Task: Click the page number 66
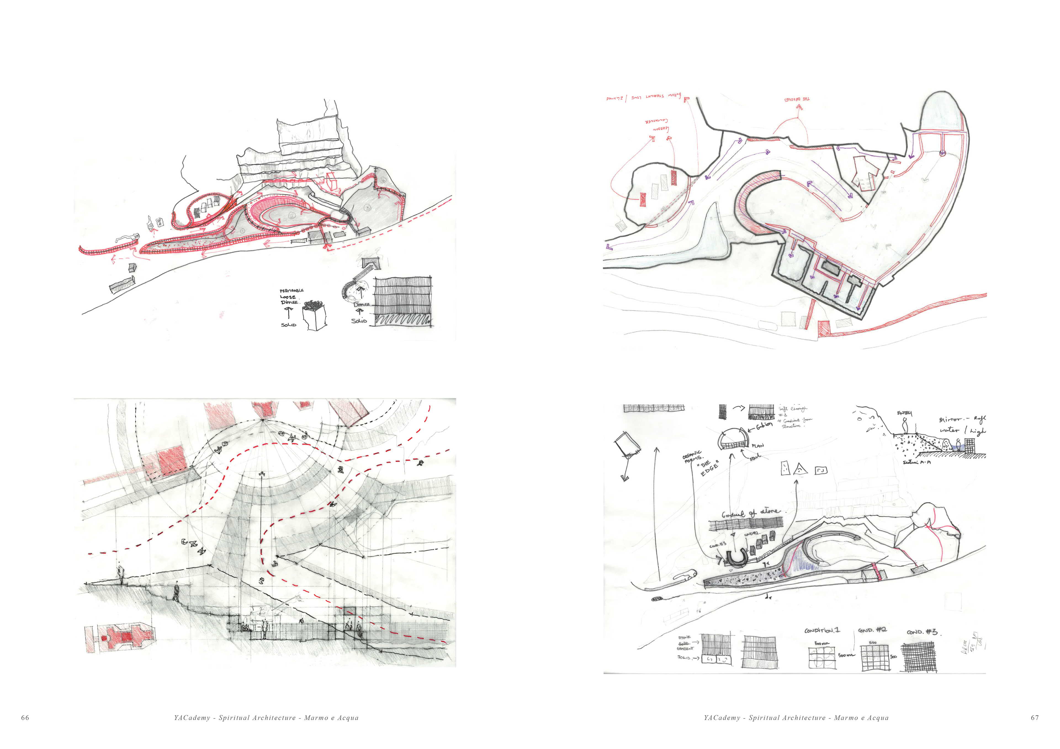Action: [25, 718]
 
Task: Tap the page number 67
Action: [1035, 718]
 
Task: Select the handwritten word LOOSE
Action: [288, 297]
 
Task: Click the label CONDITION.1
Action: [822, 630]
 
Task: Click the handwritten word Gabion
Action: [764, 425]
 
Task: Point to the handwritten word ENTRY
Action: [904, 413]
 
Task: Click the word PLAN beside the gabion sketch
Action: [758, 446]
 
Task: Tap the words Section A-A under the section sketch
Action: [916, 462]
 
